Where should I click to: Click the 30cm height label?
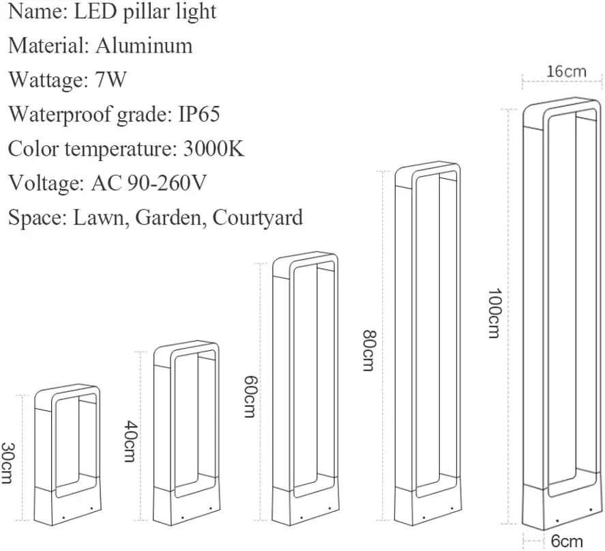click(x=8, y=463)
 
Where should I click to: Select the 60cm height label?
click(x=249, y=397)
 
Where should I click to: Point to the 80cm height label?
click(x=368, y=350)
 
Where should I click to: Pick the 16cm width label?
click(x=566, y=71)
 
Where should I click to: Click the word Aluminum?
click(x=144, y=46)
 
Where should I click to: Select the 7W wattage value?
click(x=108, y=80)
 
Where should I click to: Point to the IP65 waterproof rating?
click(x=199, y=114)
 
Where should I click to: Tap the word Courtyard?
click(x=258, y=218)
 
